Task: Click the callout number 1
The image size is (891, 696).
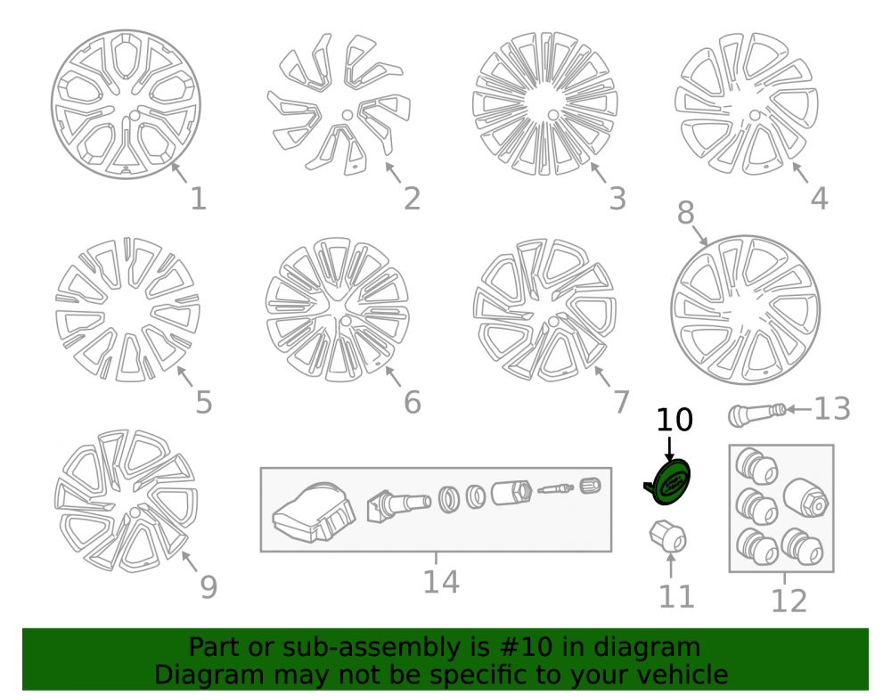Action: tap(198, 199)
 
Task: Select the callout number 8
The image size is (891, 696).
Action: tap(685, 213)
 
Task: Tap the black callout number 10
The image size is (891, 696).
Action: tap(674, 420)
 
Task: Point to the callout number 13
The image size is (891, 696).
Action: tap(832, 408)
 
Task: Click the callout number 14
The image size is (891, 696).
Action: tap(441, 582)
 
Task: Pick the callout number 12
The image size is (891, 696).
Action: tap(789, 601)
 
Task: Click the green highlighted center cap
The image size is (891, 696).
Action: tap(669, 482)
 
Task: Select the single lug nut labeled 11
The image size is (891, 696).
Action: tap(668, 536)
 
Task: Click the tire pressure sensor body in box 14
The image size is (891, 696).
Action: tap(314, 513)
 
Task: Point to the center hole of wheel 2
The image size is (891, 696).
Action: tap(347, 115)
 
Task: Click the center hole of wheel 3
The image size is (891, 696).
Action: tap(553, 115)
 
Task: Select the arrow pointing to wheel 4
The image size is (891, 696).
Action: tap(801, 173)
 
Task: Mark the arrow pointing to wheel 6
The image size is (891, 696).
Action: tap(393, 377)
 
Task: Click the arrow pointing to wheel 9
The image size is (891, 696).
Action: tap(190, 561)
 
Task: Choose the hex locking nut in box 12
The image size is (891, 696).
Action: tap(806, 497)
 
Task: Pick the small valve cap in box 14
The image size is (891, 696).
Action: tap(591, 486)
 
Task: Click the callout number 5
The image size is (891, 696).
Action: tap(203, 402)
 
